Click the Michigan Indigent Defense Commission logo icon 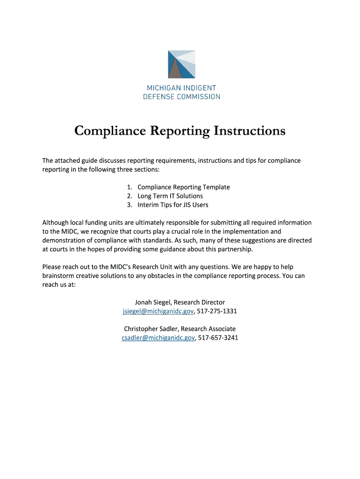(x=181, y=64)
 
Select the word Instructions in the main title (x=249, y=131)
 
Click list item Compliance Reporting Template (x=183, y=187)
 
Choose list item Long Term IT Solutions (x=170, y=196)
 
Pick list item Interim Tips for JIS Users (x=173, y=205)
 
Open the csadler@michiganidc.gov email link (x=158, y=338)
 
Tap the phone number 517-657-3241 (x=218, y=338)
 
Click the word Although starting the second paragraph (x=55, y=223)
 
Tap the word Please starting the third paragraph (x=52, y=267)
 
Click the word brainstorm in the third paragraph (x=58, y=276)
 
